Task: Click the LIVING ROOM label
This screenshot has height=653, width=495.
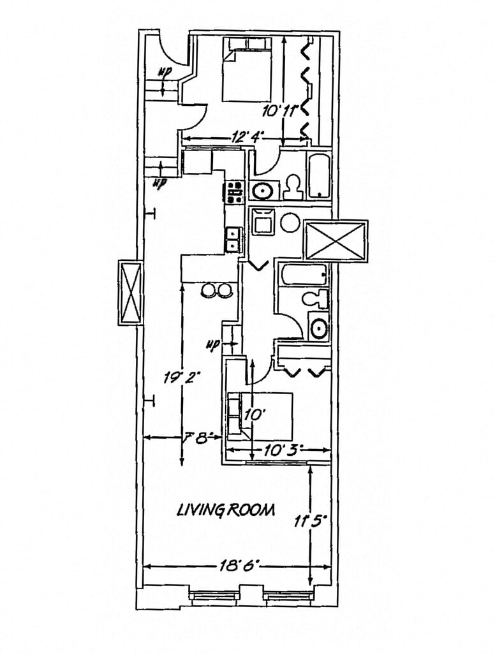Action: point(226,510)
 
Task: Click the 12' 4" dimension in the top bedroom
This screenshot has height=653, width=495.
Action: point(247,136)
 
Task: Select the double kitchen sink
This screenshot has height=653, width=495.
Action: point(233,239)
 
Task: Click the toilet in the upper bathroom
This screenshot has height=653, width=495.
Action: point(293,187)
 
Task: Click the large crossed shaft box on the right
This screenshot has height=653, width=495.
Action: point(336,240)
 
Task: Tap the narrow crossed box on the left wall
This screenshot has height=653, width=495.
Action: point(130,293)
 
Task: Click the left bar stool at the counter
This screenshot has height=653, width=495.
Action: point(208,290)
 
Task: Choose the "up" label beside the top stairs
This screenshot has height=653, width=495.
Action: point(165,71)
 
